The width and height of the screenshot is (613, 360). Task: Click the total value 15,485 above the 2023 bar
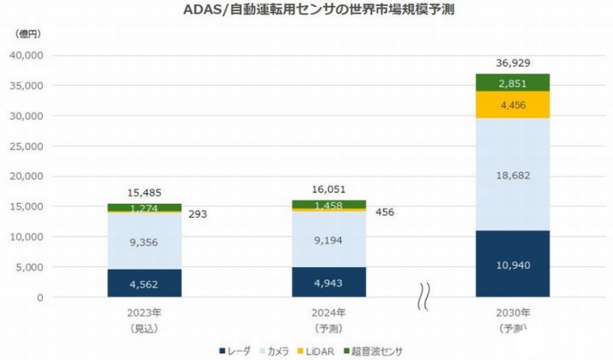(144, 193)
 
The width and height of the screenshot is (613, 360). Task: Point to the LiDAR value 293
(197, 214)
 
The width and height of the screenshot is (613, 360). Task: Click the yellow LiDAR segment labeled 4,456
(513, 104)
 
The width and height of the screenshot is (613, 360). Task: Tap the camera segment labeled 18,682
(513, 175)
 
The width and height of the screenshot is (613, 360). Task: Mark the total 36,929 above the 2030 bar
(513, 63)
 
